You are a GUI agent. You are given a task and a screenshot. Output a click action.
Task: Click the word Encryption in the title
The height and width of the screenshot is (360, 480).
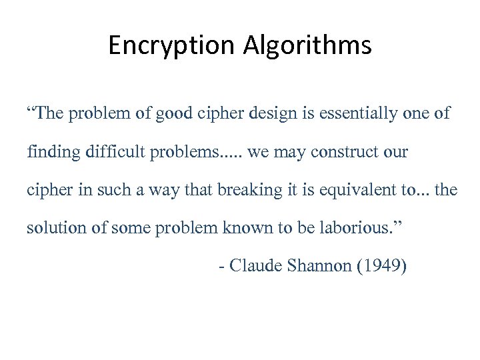click(171, 45)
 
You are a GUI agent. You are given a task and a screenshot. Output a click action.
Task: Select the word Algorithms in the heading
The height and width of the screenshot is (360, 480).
click(307, 45)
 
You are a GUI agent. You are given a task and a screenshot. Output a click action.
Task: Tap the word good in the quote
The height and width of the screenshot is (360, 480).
click(173, 113)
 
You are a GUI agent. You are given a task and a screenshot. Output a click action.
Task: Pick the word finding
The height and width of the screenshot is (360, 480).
click(53, 152)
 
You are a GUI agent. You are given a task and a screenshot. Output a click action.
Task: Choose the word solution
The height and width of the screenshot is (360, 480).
click(52, 228)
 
